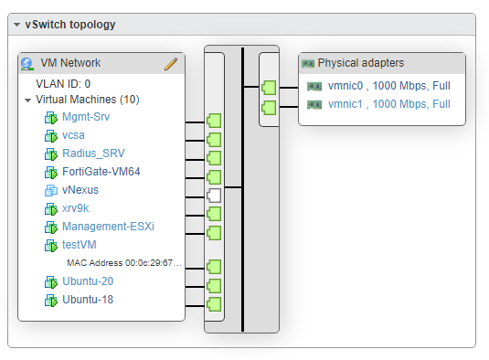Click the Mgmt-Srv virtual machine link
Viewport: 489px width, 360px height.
[x=85, y=117]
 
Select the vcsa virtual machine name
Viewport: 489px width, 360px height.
[x=73, y=135]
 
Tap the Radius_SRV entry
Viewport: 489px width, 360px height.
[x=92, y=154]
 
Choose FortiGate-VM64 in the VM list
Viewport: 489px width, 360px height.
[x=101, y=172]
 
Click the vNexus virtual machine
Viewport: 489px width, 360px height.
[x=80, y=190]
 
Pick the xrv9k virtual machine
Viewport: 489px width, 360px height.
[x=77, y=208]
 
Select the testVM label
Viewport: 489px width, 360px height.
[x=80, y=245]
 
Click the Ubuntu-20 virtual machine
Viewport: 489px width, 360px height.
[x=88, y=281]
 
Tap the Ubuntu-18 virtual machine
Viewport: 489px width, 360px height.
[x=88, y=300]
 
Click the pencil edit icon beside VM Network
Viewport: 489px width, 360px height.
[x=170, y=63]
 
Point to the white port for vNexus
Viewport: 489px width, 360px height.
[x=215, y=195]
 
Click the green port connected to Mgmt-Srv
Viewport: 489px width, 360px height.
[x=215, y=120]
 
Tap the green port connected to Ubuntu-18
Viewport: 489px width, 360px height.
[x=215, y=303]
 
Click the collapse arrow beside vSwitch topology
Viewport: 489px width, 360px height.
[x=17, y=25]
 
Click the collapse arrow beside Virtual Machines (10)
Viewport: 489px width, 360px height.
[x=28, y=100]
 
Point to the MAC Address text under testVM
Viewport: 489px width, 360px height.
[x=124, y=263]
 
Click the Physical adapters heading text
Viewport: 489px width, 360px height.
[x=360, y=63]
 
